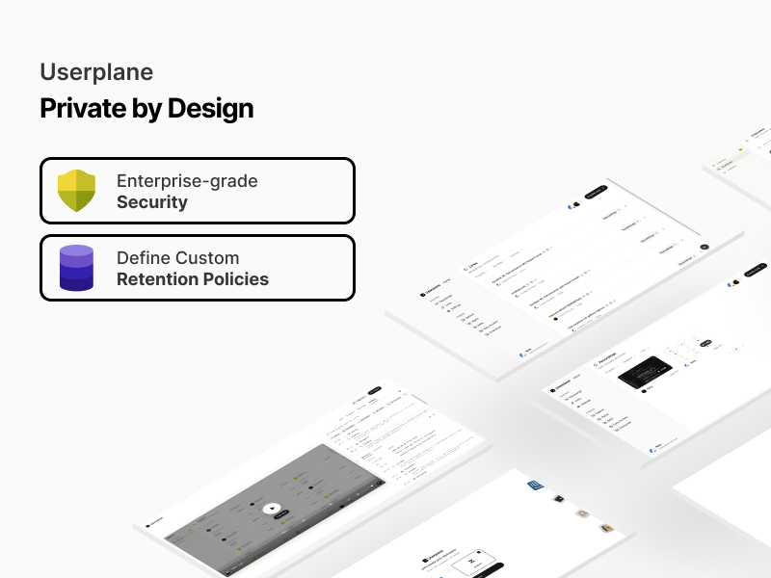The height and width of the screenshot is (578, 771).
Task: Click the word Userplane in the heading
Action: click(x=96, y=72)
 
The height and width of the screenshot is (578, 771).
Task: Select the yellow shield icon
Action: click(x=76, y=191)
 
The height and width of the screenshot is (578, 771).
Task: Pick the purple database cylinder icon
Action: click(x=76, y=268)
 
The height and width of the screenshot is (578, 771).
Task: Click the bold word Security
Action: click(x=152, y=202)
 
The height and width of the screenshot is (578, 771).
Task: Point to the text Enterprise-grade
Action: click(x=187, y=180)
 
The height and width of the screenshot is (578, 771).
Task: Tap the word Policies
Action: click(x=238, y=279)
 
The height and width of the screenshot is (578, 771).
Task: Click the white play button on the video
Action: click(x=272, y=509)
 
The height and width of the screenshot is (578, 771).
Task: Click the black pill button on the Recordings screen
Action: click(x=706, y=343)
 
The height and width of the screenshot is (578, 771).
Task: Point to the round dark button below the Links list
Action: click(x=704, y=247)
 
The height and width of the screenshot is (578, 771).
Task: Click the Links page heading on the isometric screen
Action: click(x=473, y=267)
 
